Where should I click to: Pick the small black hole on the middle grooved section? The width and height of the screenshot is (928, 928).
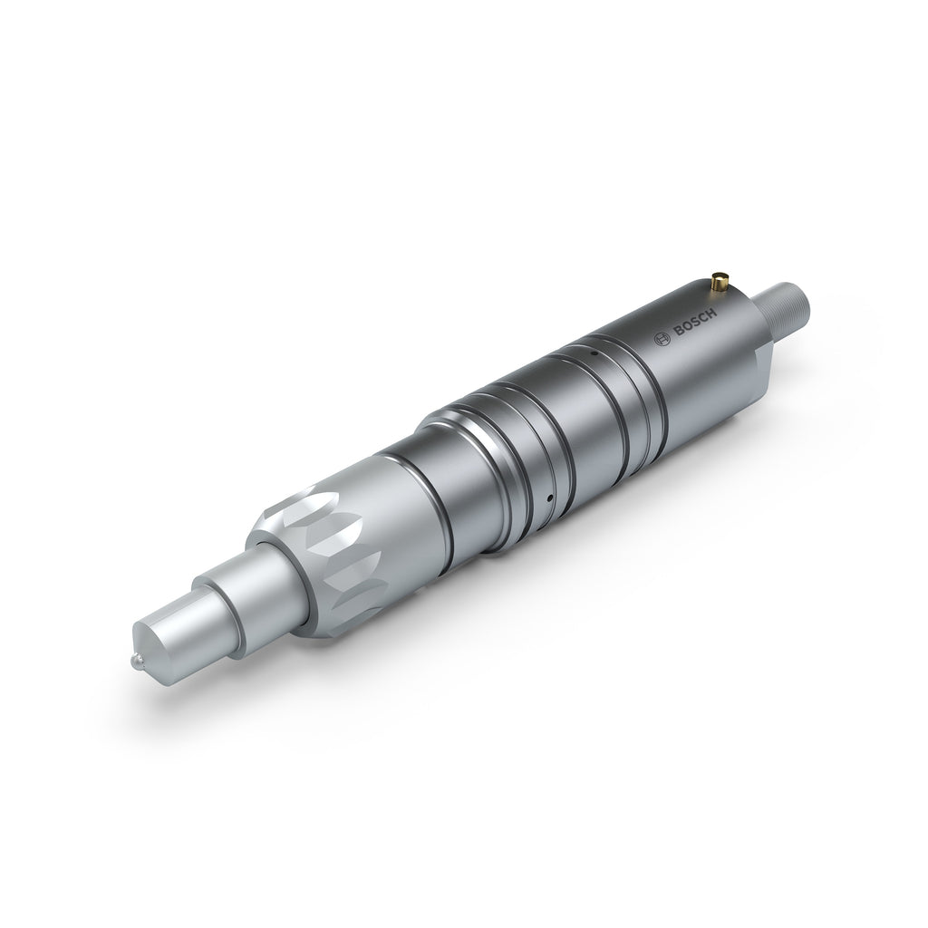click(548, 498)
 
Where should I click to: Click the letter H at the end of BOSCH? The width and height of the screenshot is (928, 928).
click(712, 314)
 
